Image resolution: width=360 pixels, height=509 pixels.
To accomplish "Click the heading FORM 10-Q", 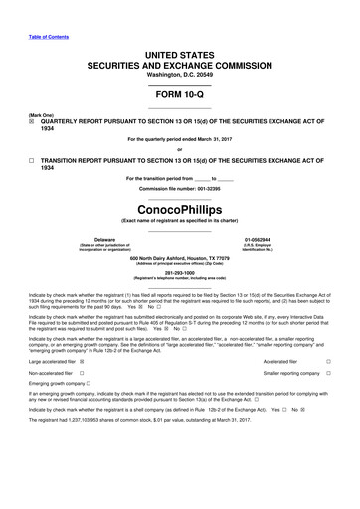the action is point(179,90).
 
